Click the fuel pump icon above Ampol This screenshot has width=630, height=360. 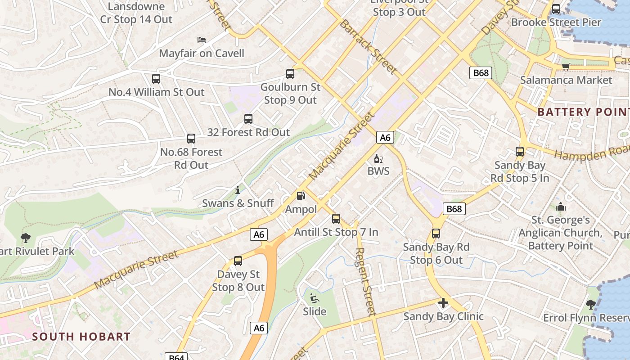pos(301,196)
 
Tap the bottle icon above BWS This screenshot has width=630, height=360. pos(378,158)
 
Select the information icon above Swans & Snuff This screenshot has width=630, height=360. pos(238,190)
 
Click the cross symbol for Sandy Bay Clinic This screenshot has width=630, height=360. pos(443,303)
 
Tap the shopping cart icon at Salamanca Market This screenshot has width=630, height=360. pos(566,67)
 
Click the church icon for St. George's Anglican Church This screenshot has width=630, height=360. pos(560,207)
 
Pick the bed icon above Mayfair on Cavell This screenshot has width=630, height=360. pos(202,40)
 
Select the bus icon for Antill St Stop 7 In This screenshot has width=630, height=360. pos(336,219)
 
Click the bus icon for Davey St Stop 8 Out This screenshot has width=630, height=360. pos(238,261)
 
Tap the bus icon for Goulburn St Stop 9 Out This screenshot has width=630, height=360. pos(290,74)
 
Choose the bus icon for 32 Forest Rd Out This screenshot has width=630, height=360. pos(248,119)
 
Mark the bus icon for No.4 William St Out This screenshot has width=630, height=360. pos(156,79)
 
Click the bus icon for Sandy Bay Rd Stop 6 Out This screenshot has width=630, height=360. pos(436,234)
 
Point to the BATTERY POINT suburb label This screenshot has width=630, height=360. pos(583,112)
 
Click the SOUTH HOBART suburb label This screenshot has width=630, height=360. pos(81,337)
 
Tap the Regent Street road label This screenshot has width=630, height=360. pos(365,282)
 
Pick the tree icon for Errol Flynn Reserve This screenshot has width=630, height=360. pos(590,305)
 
